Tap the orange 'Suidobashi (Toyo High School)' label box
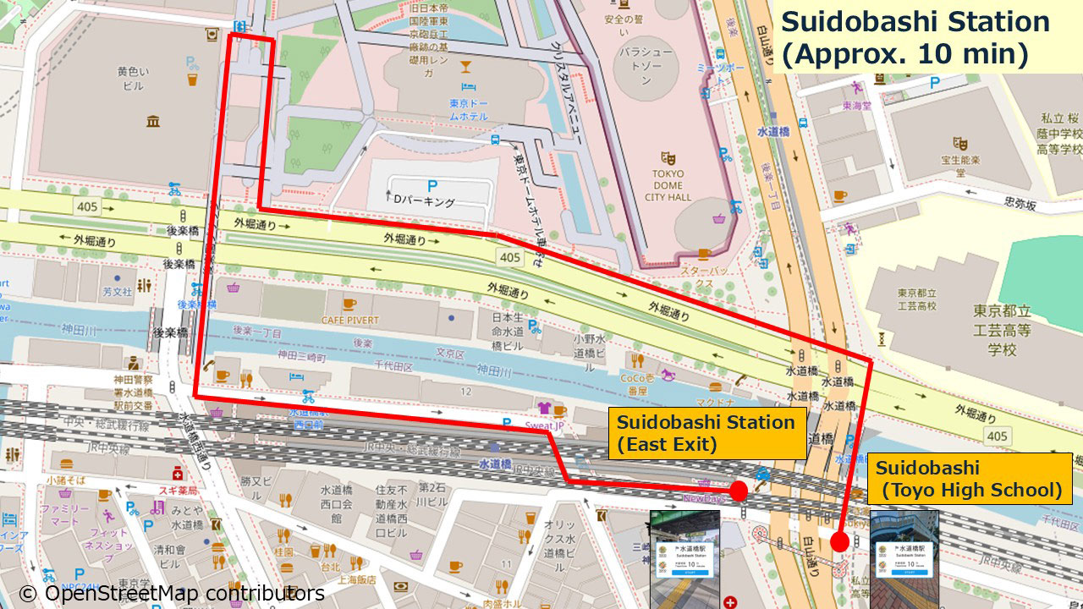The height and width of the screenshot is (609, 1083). point(969,479)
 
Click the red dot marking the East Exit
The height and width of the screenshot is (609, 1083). point(738,491)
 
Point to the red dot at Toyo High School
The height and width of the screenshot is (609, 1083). point(839,541)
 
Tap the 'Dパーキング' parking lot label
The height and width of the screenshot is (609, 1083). point(425,202)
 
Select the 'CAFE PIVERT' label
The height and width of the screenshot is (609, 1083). point(349,320)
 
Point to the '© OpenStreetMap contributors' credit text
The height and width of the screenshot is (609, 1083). point(172,594)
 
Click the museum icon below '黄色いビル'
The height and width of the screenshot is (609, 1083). point(152,122)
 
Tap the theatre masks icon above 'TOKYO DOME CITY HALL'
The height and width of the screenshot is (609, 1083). point(668,157)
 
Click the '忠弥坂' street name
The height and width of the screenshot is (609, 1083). point(1020,203)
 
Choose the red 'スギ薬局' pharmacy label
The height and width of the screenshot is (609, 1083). point(180,490)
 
